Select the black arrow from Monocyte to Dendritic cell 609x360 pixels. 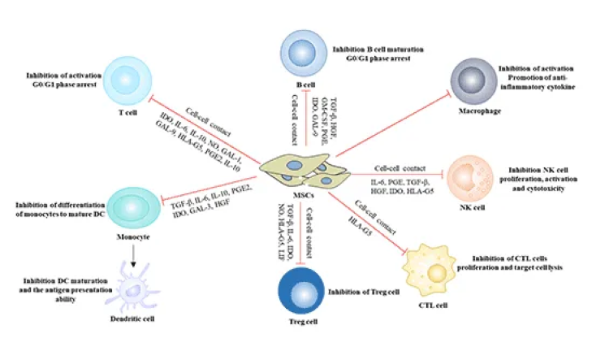[x=131, y=251]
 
